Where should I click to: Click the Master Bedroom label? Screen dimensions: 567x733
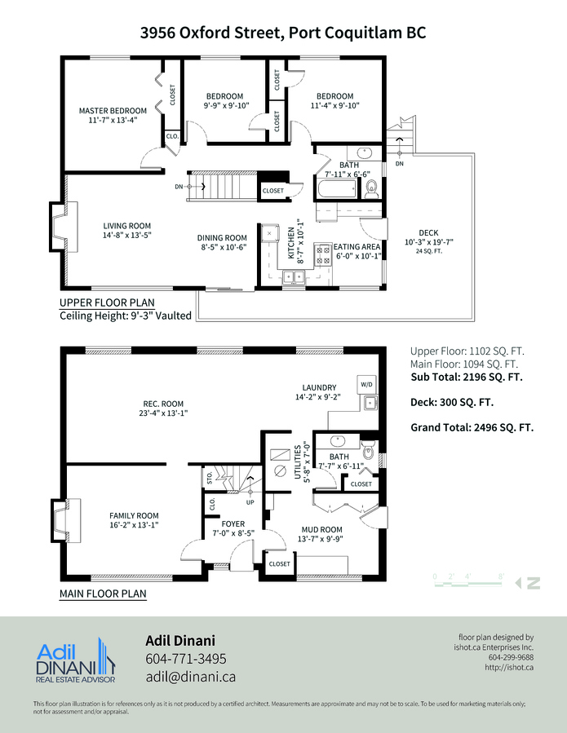[113, 111]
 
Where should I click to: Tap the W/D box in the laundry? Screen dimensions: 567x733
[367, 384]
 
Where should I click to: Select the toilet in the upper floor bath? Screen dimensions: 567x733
[372, 189]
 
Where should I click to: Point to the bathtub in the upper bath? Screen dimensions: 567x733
[336, 189]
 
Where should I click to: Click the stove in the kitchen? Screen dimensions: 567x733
[323, 254]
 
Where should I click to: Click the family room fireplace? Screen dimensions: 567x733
[65, 522]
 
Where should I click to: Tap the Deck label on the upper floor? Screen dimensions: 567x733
[428, 233]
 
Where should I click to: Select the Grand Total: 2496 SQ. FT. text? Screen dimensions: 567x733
[472, 427]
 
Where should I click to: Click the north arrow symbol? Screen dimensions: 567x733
[528, 583]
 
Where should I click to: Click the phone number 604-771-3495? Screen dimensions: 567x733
[186, 659]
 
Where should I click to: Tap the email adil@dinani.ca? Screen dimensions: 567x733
[190, 677]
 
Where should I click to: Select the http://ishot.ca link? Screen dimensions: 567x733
[509, 667]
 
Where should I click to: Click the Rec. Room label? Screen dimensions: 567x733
[163, 404]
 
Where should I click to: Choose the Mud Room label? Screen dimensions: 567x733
[322, 530]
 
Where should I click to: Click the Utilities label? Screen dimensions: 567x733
[298, 461]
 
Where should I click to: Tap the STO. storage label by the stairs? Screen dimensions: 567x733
[210, 477]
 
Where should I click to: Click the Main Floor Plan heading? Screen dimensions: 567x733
[103, 594]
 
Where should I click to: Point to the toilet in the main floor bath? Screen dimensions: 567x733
[368, 450]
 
